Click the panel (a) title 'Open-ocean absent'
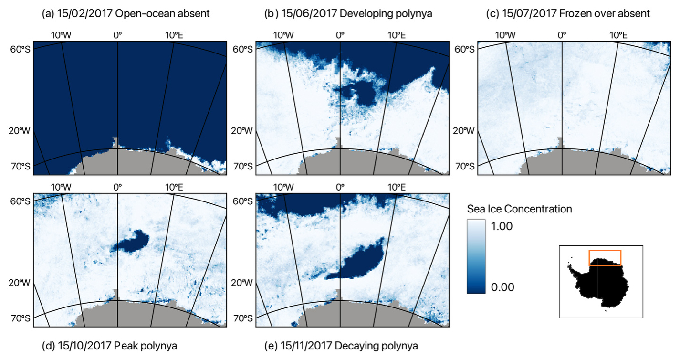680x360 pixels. pyautogui.click(x=162, y=13)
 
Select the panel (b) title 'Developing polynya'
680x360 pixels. pyautogui.click(x=386, y=13)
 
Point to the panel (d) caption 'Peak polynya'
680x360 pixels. pyautogui.click(x=146, y=346)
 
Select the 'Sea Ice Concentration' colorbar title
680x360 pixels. pyautogui.click(x=519, y=209)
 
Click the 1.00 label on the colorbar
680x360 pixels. pyautogui.click(x=502, y=226)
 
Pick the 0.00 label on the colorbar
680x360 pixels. pyautogui.click(x=502, y=287)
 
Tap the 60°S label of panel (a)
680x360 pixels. pyautogui.click(x=21, y=49)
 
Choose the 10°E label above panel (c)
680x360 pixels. pyautogui.click(x=618, y=35)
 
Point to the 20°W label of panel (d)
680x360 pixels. pyautogui.click(x=20, y=283)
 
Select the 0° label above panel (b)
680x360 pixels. pyautogui.click(x=340, y=35)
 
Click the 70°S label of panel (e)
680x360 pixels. pyautogui.click(x=242, y=318)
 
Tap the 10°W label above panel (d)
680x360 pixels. pyautogui.click(x=61, y=187)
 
